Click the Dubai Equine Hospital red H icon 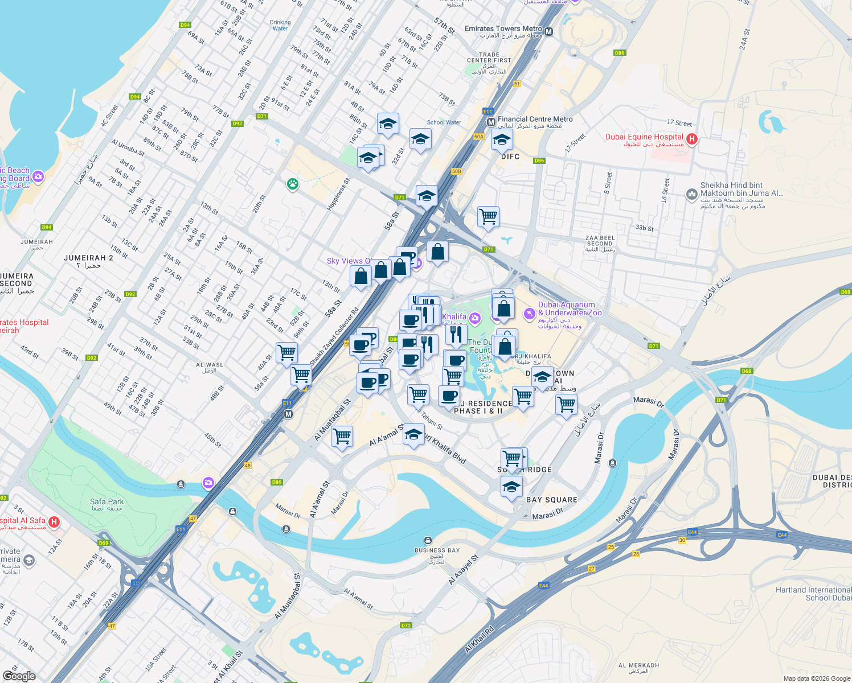pos(691,139)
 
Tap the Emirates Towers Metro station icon pos(548,32)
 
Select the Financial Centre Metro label pos(535,120)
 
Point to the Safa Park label pos(106,502)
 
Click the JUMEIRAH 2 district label pos(88,258)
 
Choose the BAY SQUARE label pos(551,500)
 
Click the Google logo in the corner pos(19,676)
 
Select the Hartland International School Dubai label pos(813,594)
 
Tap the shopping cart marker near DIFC pos(488,217)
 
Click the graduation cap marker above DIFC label pos(502,139)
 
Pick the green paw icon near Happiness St pos(293,184)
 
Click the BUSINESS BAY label pos(437,550)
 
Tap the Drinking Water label pos(280,26)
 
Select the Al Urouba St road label pos(128,147)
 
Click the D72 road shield pos(405,626)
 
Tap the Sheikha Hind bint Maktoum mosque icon pos(691,195)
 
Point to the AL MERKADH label pos(638,665)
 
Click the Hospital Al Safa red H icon pos(54,521)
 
